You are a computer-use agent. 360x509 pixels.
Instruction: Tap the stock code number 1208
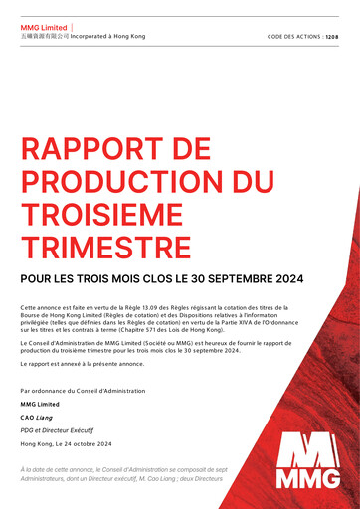331,36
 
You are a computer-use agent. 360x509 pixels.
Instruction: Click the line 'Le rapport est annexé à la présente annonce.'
82,364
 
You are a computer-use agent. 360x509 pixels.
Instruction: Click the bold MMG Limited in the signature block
40,404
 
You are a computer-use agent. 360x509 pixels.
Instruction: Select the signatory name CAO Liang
39,418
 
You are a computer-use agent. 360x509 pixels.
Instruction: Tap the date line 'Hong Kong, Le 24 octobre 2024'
66,443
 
